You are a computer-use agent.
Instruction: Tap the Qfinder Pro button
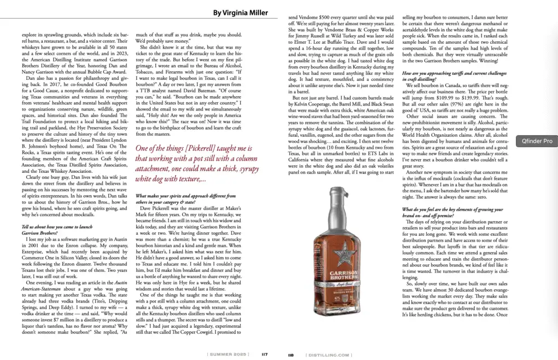537,141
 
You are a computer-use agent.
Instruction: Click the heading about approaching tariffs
451,76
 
